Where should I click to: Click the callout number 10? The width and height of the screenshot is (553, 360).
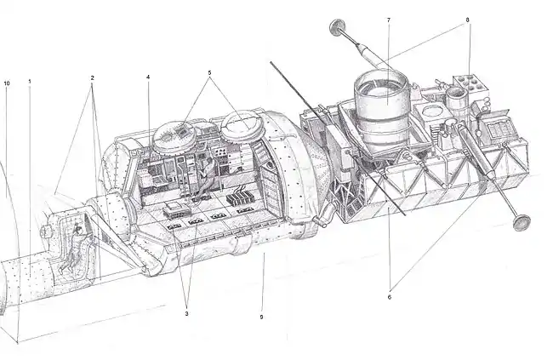click(x=7, y=83)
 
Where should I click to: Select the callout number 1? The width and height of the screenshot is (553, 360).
click(x=30, y=82)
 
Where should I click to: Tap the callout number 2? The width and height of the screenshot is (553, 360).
click(x=92, y=77)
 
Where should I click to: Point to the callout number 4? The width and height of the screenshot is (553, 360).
click(x=148, y=77)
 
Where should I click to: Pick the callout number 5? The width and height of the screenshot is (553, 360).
click(x=209, y=73)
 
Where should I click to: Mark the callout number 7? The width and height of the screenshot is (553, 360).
click(x=389, y=20)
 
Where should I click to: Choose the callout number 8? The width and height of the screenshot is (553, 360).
click(x=468, y=20)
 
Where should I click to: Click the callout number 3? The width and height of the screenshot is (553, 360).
click(x=186, y=313)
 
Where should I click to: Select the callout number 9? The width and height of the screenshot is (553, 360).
click(x=261, y=317)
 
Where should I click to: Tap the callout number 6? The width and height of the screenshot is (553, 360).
click(x=390, y=297)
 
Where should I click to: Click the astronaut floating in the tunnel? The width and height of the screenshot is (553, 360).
click(x=73, y=248)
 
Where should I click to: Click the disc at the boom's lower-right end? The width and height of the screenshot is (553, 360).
click(x=522, y=223)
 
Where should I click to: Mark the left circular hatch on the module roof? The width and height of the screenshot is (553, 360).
click(x=174, y=137)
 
